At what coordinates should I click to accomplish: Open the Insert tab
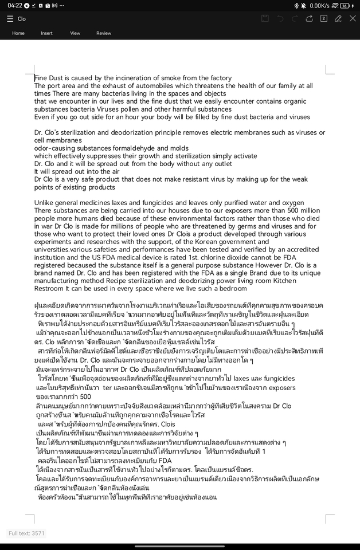(x=46, y=33)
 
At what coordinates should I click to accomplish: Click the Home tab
(x=18, y=33)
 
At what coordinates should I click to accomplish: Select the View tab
(x=75, y=33)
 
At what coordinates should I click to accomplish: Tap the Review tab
(x=104, y=33)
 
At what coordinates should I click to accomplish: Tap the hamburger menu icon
(x=10, y=19)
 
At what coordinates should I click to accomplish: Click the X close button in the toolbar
(x=353, y=18)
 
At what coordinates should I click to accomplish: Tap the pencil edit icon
(x=338, y=18)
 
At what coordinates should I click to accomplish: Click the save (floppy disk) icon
(x=265, y=18)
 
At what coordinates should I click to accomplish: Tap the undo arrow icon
(x=280, y=18)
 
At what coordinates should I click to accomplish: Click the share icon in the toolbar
(x=309, y=18)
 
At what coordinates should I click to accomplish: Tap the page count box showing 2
(x=324, y=18)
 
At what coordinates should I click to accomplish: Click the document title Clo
(x=22, y=19)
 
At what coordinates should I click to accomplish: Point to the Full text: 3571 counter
(x=26, y=533)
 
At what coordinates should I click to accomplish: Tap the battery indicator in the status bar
(x=345, y=5)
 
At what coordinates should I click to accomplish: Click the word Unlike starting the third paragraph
(x=45, y=203)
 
